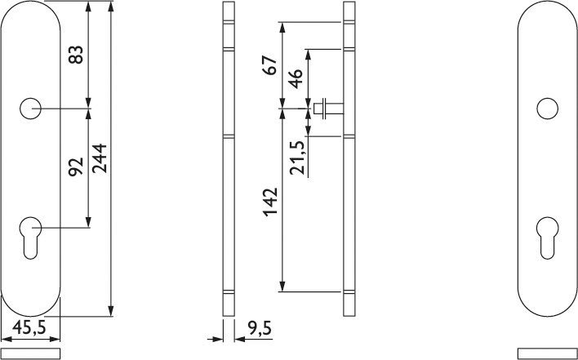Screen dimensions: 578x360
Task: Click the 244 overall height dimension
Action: (x=100, y=158)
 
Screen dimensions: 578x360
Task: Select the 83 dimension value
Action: (x=76, y=55)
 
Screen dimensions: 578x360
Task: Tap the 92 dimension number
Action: (x=76, y=167)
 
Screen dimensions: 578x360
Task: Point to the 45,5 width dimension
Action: (x=29, y=327)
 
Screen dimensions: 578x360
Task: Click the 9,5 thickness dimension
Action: (x=260, y=328)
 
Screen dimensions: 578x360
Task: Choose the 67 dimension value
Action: (x=270, y=65)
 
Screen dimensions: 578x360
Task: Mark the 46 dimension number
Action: (x=296, y=79)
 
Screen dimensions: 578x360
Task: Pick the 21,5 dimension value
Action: (x=297, y=158)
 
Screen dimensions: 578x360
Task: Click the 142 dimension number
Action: (x=270, y=202)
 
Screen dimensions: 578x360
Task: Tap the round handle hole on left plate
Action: (x=30, y=109)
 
